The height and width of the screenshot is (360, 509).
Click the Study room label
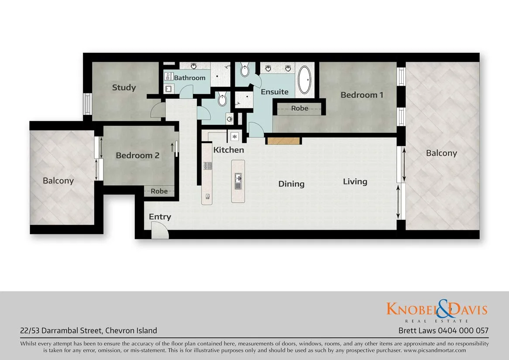pos(124,87)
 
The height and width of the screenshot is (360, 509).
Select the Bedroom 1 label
pos(362,95)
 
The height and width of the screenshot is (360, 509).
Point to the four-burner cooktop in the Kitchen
pos(208,166)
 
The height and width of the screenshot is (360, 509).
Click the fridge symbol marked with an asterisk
pos(234,137)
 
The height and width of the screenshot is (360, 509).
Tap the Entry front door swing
pos(159,230)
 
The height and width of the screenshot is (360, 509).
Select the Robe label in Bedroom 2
pos(159,191)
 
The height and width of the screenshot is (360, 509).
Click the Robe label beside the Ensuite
pos(299,108)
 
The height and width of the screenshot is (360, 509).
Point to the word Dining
pos(291,184)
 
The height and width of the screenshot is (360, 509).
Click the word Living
pos(355,181)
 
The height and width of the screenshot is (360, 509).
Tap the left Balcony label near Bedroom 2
pos(58,180)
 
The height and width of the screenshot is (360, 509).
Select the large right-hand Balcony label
pos(441,153)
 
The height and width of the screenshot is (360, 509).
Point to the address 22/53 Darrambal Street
pos(61,331)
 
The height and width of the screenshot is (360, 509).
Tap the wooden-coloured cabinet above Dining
pos(283,141)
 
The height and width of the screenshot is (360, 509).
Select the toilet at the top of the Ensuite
pos(245,69)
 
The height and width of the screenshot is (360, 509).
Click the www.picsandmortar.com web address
pos(435,350)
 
